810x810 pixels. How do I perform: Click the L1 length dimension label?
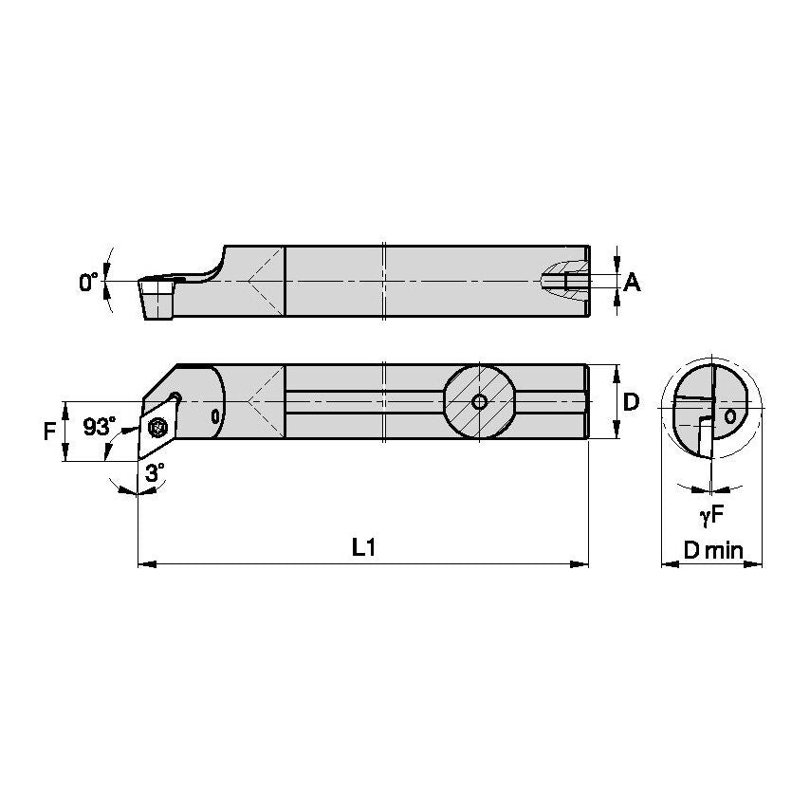point(363,547)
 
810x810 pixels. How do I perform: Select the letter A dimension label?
point(633,282)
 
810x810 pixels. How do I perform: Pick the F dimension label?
point(49,432)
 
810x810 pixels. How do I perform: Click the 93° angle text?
point(97,428)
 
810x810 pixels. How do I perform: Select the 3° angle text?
point(155,470)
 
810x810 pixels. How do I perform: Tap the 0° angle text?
point(89,282)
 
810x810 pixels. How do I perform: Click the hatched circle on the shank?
point(479,402)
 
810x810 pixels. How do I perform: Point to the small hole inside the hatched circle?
point(479,402)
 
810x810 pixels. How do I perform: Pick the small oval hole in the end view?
point(729,415)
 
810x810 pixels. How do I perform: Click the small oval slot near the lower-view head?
point(215,414)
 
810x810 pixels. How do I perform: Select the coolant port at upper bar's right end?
point(564,282)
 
